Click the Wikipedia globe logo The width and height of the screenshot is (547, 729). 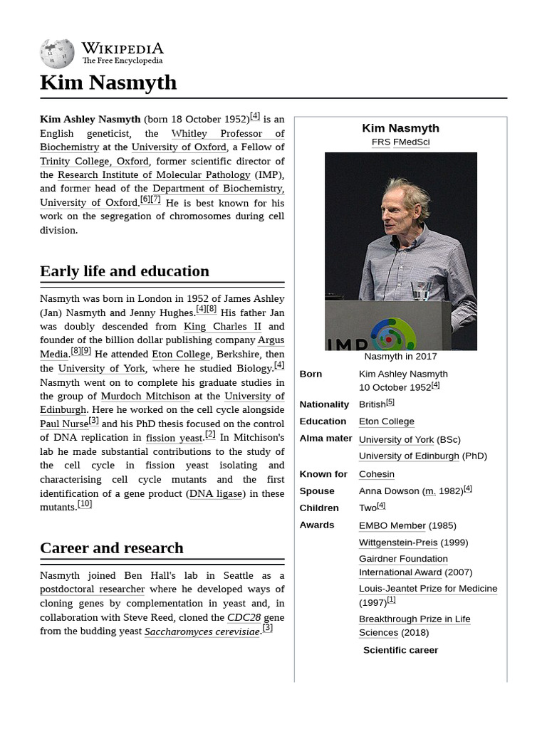pos(57,53)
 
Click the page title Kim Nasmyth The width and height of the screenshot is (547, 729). pos(108,83)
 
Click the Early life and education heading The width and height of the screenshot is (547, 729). pos(125,271)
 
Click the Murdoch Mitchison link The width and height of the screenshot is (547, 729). pos(145,396)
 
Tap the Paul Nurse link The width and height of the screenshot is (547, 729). pos(64,424)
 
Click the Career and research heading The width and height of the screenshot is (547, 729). pos(112,548)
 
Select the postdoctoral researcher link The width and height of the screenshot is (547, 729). pos(93,589)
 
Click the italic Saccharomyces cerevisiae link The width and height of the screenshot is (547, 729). pos(202,631)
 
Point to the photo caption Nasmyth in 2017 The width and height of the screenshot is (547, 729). pos(400,357)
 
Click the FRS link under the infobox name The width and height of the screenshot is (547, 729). pos(380,142)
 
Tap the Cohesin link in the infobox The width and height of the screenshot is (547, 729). pos(376,474)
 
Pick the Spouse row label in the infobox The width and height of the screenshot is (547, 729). pos(317,491)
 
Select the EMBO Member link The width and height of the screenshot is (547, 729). pos(392,525)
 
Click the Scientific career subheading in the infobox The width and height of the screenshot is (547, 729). pos(400,650)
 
